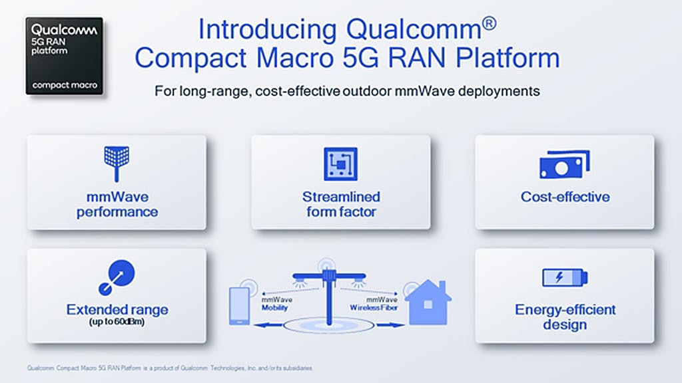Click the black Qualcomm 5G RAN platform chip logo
tap(65, 56)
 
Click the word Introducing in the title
tap(268, 29)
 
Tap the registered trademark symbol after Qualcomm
tap(489, 23)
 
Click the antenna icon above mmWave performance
tap(117, 164)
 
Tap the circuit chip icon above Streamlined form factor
tap(340, 164)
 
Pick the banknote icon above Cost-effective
tap(565, 165)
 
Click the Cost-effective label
tap(565, 197)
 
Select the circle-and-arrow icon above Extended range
tap(117, 277)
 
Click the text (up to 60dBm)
tap(117, 322)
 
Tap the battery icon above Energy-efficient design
tap(565, 277)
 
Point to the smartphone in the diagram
tap(239, 306)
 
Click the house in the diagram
tap(428, 303)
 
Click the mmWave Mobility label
tap(276, 303)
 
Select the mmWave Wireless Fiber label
tap(374, 303)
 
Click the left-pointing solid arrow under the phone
tap(268, 324)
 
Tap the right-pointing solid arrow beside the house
tap(390, 324)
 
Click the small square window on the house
tap(428, 305)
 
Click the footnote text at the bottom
tap(170, 368)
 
